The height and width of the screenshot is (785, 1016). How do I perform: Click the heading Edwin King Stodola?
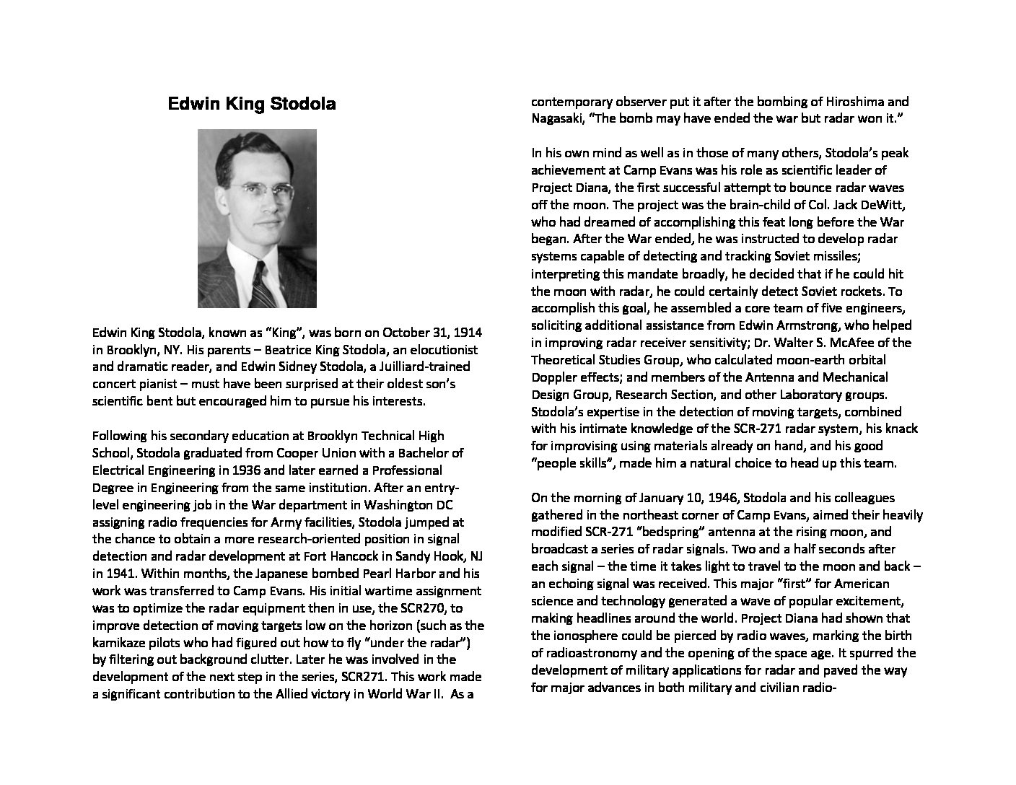pos(251,104)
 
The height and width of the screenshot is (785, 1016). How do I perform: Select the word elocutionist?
pos(441,350)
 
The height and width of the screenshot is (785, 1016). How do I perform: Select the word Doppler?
pos(553,377)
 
